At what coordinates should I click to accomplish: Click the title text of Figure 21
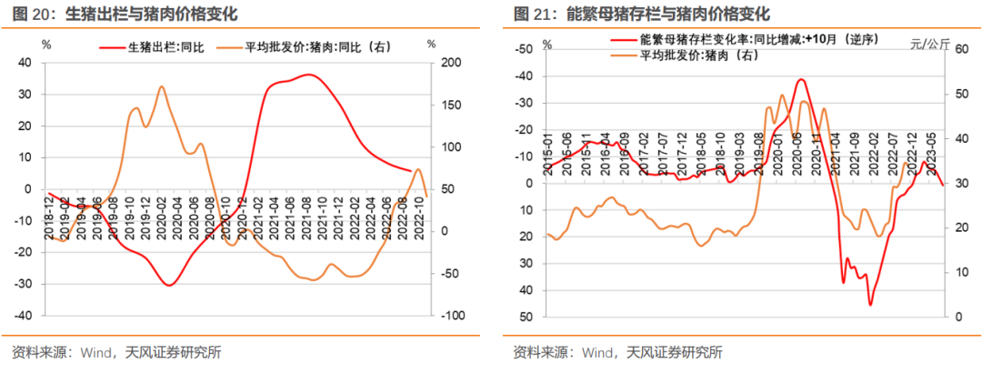click(641, 15)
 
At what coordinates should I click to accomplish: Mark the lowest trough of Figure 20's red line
click(169, 285)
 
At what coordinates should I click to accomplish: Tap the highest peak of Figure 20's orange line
click(161, 86)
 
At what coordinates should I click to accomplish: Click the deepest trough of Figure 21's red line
click(870, 305)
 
